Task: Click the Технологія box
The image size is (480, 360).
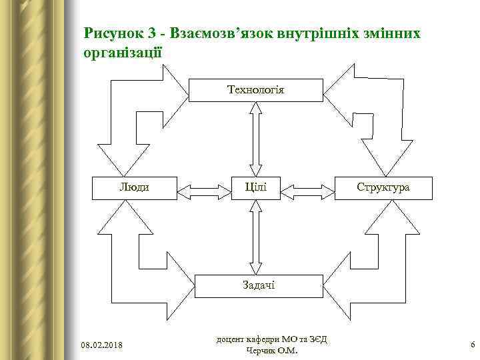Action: click(255, 90)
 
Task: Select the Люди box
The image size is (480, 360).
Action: click(134, 187)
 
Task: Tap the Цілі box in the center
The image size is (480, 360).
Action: click(255, 187)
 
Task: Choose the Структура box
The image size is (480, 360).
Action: click(383, 187)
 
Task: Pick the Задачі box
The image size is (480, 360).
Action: click(255, 285)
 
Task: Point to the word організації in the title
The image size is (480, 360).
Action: click(121, 51)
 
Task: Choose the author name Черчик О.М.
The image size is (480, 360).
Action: click(272, 351)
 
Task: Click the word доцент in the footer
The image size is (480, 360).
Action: click(231, 339)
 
